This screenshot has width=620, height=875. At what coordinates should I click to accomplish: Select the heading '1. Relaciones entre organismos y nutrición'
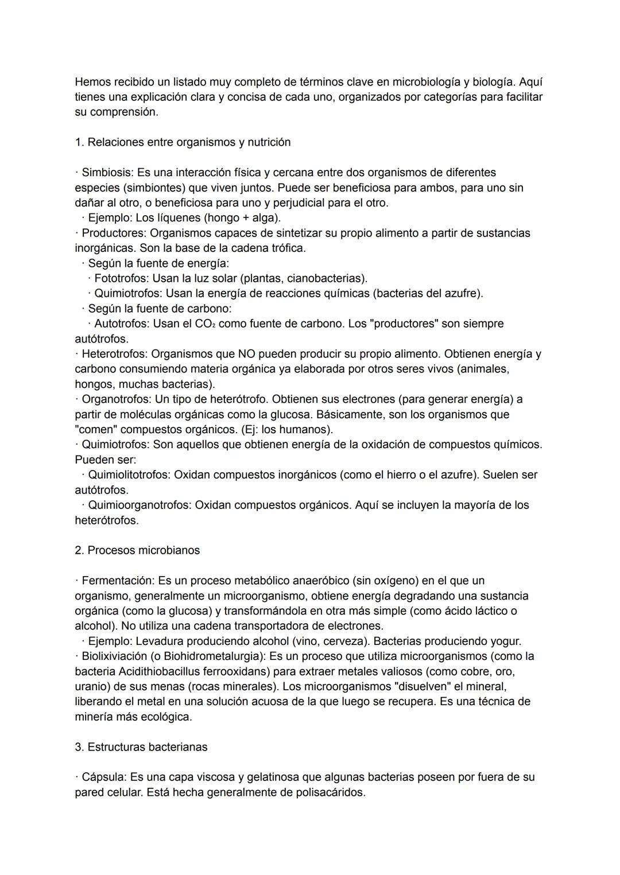pos(183,142)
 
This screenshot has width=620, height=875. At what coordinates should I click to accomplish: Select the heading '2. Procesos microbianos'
pos(137,551)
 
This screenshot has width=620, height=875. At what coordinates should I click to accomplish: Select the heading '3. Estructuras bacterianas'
pos(141,747)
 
